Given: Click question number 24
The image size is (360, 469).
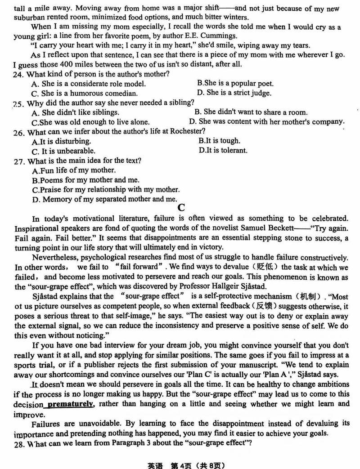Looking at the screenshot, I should pos(18,74).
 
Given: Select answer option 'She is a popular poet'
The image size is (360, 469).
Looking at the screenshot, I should pos(235,83).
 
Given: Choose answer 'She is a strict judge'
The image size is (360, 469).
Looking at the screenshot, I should pos(234,93).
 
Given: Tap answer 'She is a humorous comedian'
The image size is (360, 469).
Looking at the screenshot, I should pos(84,94).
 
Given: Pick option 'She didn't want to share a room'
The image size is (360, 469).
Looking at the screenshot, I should pos(251,112).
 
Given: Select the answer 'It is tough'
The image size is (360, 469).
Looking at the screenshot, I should pos(219,141).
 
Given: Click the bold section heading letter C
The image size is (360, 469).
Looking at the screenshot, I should pos(182,207).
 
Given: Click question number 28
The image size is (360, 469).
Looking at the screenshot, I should pos(18,443).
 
